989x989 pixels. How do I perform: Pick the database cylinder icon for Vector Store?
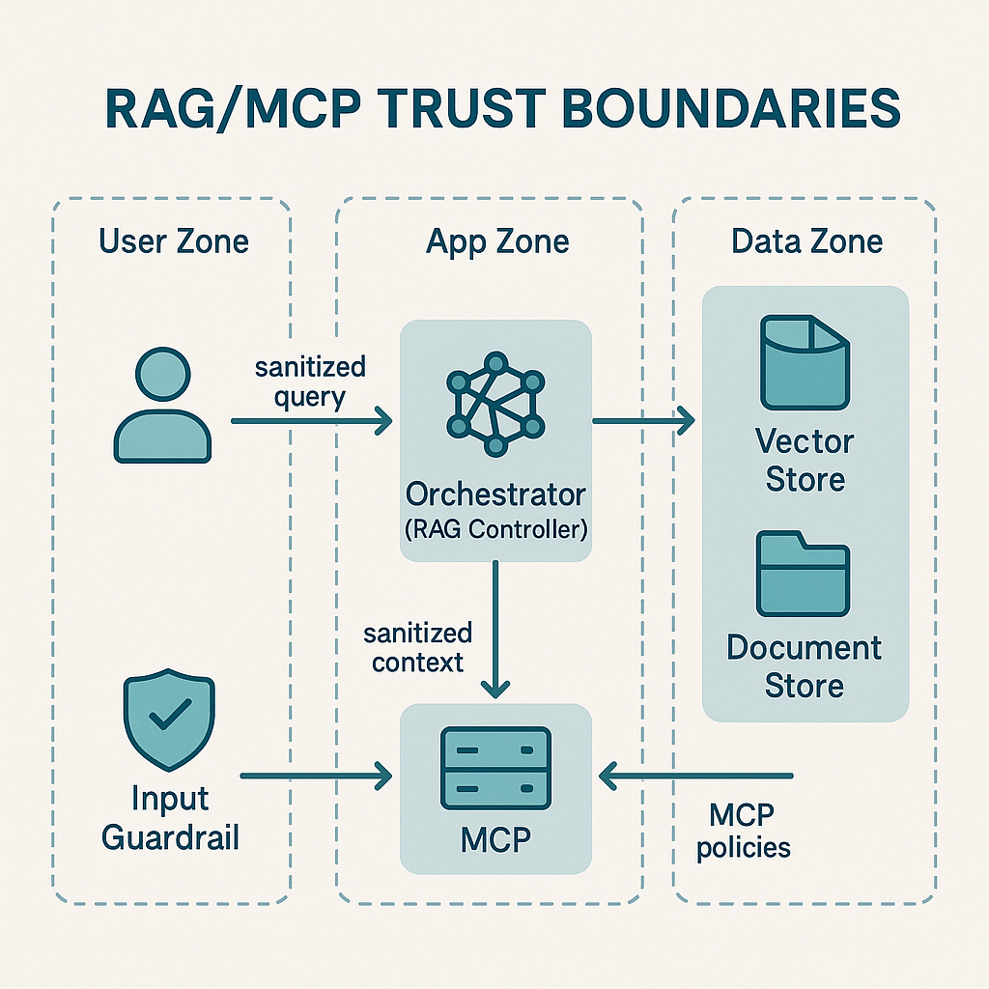pos(805,361)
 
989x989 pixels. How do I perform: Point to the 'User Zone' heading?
pos(174,240)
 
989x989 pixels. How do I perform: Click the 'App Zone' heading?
pos(497,240)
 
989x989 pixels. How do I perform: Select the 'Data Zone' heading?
pos(807,240)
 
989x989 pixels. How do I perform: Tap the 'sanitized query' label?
pos(310,382)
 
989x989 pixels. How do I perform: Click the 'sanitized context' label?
pos(417,647)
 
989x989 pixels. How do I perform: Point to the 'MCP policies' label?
pos(743,832)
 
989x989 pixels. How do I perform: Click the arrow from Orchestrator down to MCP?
pos(495,628)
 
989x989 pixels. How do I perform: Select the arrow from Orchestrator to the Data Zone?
pos(643,420)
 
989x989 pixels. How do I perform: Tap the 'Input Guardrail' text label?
pos(170,817)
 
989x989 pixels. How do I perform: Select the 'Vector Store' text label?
pos(805,461)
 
